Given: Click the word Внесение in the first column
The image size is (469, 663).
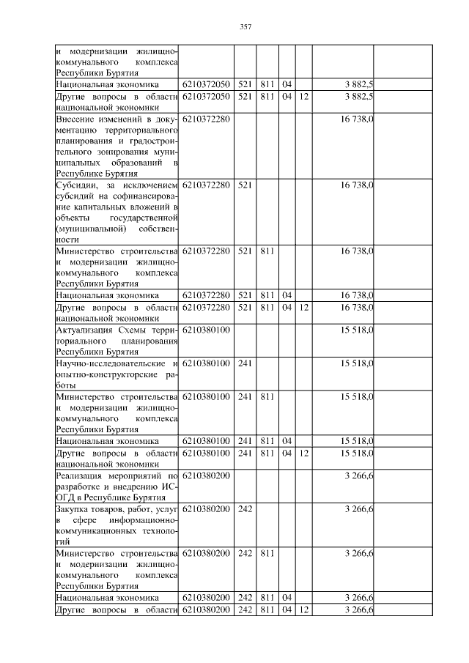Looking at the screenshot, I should click(x=77, y=118).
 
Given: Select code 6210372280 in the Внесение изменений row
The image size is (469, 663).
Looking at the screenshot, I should click(x=206, y=118).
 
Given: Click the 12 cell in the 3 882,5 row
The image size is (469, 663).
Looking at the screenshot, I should click(x=304, y=96).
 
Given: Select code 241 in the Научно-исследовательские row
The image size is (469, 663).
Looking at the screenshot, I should click(x=245, y=364).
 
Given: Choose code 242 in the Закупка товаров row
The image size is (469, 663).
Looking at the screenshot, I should click(x=245, y=508).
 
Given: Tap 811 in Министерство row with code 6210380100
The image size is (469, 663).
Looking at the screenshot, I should click(x=267, y=396).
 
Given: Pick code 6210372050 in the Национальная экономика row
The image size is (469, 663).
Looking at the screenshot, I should click(x=206, y=86).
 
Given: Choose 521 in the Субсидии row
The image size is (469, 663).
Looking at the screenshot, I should click(x=245, y=186).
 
